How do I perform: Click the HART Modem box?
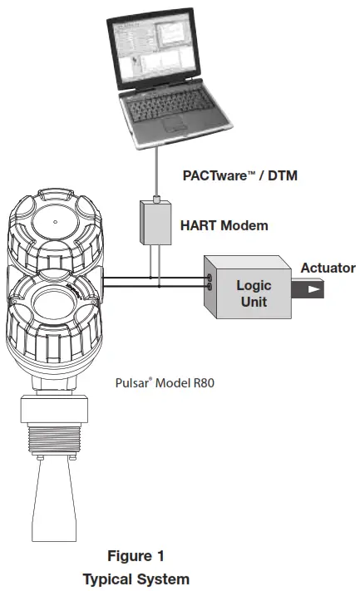[154, 224]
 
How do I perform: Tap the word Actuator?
[328, 268]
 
